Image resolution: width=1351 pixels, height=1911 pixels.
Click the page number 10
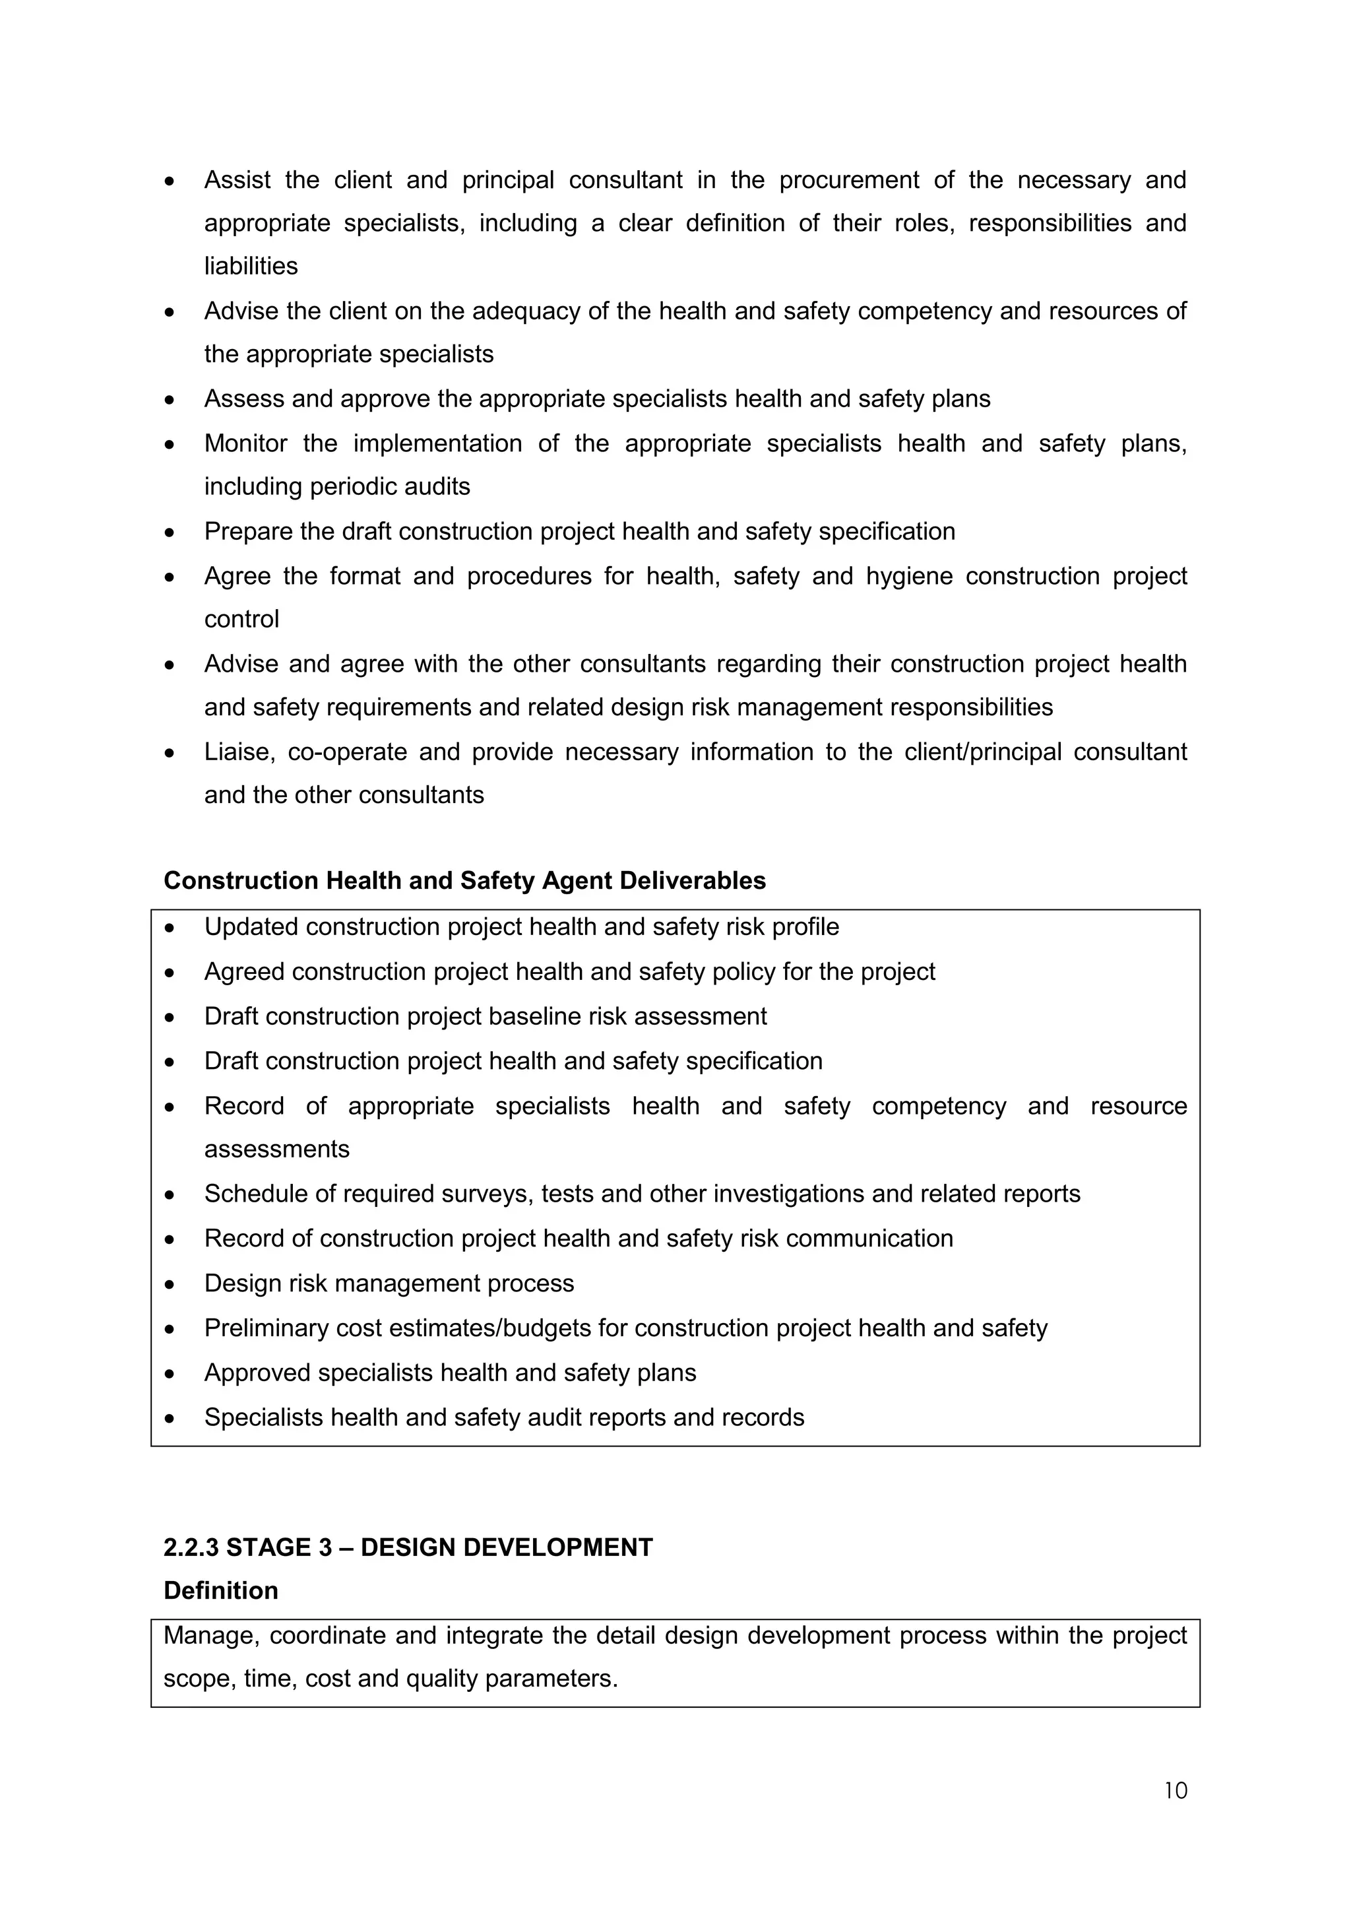[1175, 1790]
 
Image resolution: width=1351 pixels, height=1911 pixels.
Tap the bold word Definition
[220, 1590]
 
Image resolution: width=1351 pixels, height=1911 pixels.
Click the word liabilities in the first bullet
[251, 267]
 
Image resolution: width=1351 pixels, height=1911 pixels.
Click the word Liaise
[239, 752]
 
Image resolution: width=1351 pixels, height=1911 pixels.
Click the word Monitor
[245, 443]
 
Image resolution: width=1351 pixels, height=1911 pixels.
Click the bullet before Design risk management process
[170, 1284]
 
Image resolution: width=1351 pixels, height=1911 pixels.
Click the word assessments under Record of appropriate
[276, 1150]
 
